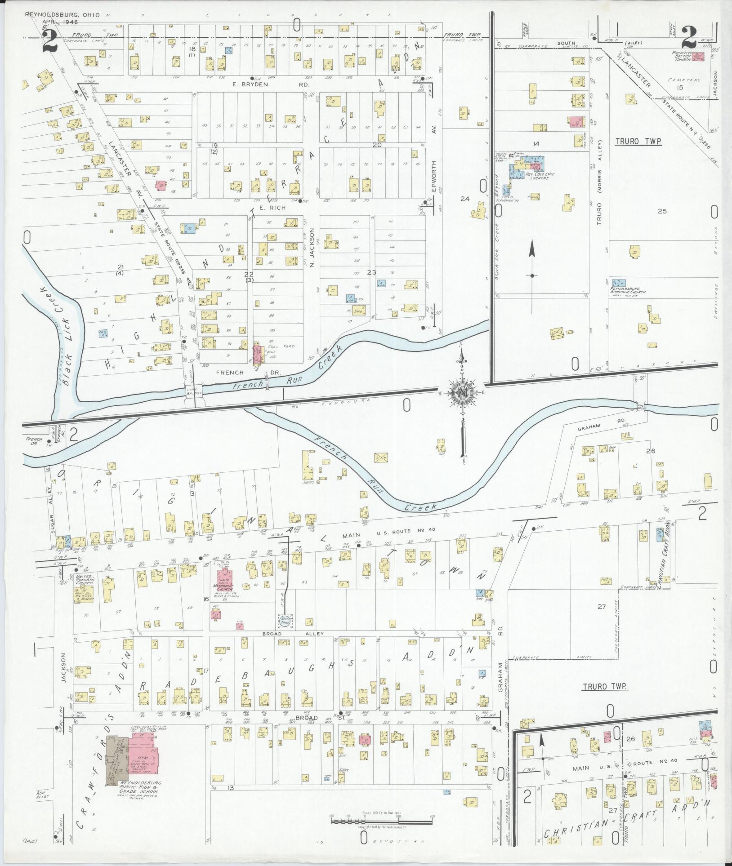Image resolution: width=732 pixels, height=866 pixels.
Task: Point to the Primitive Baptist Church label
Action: coord(683,56)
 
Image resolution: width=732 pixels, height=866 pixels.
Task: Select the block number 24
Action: coord(464,199)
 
